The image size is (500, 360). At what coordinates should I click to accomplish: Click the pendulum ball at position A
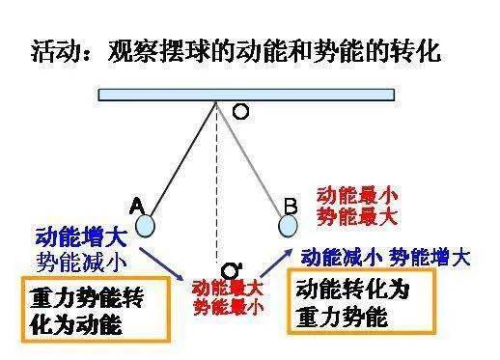[x=145, y=225]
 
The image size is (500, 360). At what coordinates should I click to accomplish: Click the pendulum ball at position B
[x=288, y=225]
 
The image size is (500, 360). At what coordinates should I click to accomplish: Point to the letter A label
[x=137, y=205]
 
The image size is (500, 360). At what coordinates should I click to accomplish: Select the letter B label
[x=291, y=205]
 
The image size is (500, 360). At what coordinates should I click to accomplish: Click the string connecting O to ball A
[x=183, y=160]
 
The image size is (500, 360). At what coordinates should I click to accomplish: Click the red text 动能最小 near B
[x=358, y=194]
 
